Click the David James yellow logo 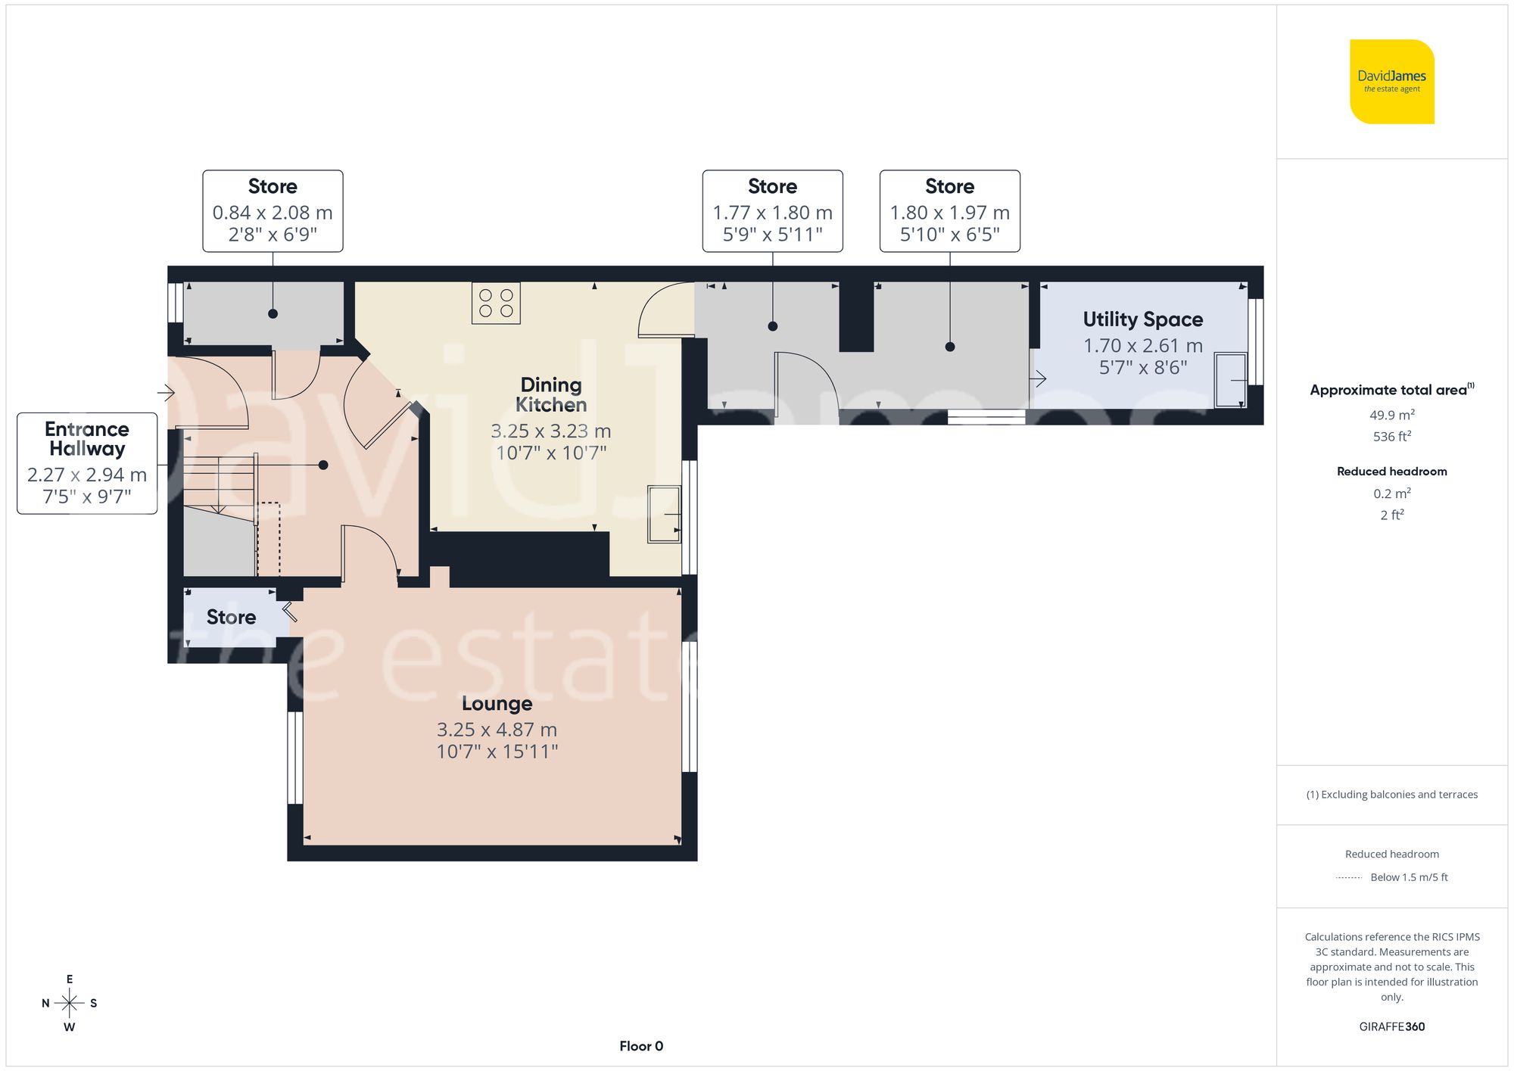[x=1391, y=82]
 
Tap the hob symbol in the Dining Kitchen [x=496, y=303]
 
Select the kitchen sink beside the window [x=664, y=515]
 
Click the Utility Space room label [x=1142, y=319]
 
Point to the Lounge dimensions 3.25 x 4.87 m [x=497, y=730]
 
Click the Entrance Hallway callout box [x=87, y=462]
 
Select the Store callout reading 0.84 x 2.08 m [x=273, y=211]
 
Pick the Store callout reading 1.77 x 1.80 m [x=772, y=211]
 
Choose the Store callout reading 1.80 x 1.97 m [x=949, y=211]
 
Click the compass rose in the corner [x=69, y=1004]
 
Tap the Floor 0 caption [x=641, y=1046]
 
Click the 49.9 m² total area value [x=1391, y=415]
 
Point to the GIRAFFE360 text [x=1391, y=1026]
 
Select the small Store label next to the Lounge [x=231, y=617]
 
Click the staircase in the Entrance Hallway [x=220, y=484]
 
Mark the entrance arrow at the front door [x=166, y=392]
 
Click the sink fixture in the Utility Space [x=1231, y=380]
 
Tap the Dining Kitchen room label [x=551, y=394]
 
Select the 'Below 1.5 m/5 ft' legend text [x=1409, y=877]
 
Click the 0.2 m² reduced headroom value [x=1391, y=493]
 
